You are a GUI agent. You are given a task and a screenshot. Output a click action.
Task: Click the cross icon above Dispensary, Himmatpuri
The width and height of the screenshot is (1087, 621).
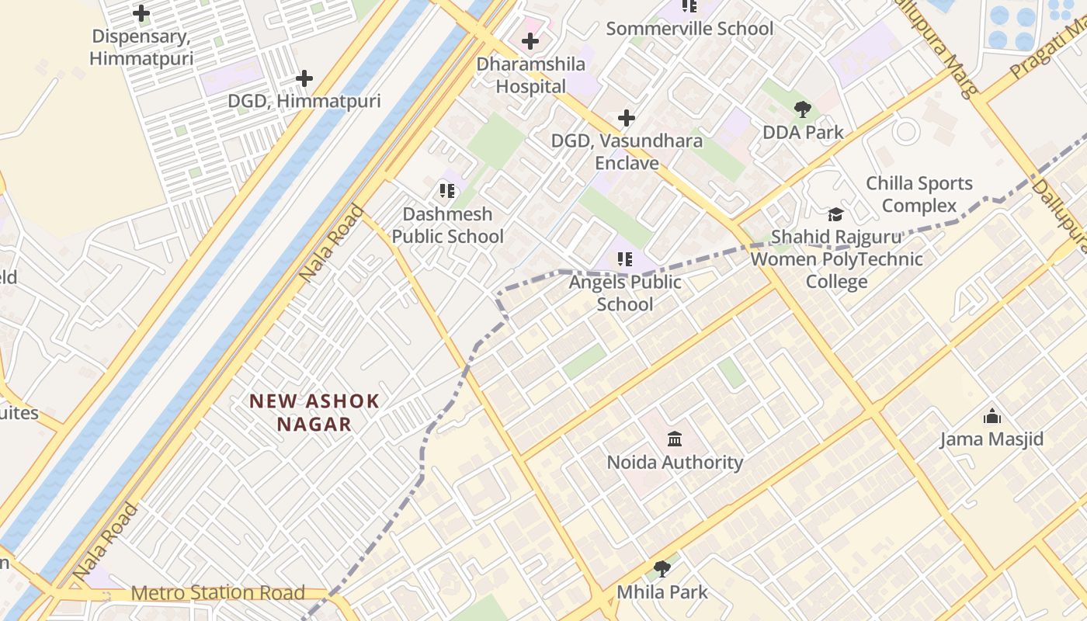pyautogui.click(x=141, y=13)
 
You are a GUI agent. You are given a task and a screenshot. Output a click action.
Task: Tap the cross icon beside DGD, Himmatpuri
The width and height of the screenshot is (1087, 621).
pyautogui.click(x=304, y=78)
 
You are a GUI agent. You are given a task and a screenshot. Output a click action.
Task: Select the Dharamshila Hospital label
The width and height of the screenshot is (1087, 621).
pyautogui.click(x=531, y=75)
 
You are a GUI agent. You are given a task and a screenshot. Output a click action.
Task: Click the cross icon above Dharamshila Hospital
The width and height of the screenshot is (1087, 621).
pyautogui.click(x=530, y=41)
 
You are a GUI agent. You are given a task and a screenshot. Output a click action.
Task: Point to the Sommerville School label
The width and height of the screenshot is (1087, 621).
pyautogui.click(x=689, y=29)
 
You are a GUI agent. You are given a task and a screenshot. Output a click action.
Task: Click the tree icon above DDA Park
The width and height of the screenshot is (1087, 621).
pyautogui.click(x=803, y=109)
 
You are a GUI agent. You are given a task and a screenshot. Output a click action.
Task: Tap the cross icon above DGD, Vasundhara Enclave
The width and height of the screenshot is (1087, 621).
pyautogui.click(x=627, y=118)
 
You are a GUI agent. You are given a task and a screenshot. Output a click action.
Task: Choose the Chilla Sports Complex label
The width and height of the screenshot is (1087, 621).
pyautogui.click(x=919, y=195)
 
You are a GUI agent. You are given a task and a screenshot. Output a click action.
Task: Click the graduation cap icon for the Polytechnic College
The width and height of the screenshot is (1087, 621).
pyautogui.click(x=835, y=214)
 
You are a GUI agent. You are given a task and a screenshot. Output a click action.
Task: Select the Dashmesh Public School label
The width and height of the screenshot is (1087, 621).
pyautogui.click(x=447, y=225)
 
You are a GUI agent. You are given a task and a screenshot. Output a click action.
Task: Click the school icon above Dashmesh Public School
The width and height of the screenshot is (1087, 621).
pyautogui.click(x=446, y=190)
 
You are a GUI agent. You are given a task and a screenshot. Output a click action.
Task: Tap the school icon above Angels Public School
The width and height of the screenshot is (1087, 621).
pyautogui.click(x=625, y=259)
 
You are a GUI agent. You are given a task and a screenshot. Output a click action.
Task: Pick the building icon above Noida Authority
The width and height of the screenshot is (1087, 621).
pyautogui.click(x=675, y=439)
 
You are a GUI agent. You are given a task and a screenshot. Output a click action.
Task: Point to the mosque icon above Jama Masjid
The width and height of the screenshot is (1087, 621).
pyautogui.click(x=992, y=417)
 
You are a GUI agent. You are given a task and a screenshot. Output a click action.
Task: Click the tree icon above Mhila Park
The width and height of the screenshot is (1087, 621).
pyautogui.click(x=662, y=569)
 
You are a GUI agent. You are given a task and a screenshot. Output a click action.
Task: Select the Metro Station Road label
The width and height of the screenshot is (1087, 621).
pyautogui.click(x=217, y=593)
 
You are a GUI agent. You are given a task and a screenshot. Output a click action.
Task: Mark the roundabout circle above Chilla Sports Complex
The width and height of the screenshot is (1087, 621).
pyautogui.click(x=905, y=131)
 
